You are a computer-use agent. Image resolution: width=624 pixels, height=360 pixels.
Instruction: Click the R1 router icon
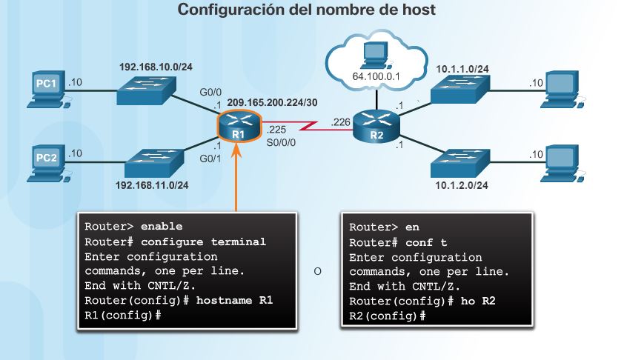click(x=238, y=127)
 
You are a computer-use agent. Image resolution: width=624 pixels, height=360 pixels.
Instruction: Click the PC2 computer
click(x=46, y=161)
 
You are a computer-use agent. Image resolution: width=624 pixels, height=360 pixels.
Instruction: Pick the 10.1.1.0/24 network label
click(x=462, y=69)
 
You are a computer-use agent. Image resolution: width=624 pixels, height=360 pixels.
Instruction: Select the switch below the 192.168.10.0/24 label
click(x=146, y=91)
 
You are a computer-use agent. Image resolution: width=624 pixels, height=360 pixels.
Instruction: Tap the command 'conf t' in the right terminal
click(x=426, y=242)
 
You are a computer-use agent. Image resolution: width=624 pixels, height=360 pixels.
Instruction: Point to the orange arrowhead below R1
click(x=238, y=150)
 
